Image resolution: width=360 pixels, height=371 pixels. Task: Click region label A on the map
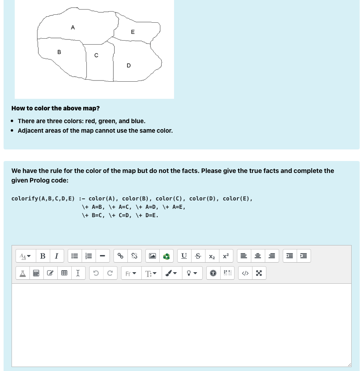tap(72, 27)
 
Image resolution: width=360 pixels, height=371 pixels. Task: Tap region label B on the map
tap(59, 52)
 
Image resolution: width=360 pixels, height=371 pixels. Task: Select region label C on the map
tap(96, 56)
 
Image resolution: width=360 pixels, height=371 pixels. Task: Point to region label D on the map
tap(128, 65)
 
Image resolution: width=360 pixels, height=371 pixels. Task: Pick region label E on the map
tap(133, 32)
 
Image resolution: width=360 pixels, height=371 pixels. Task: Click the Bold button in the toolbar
tap(43, 256)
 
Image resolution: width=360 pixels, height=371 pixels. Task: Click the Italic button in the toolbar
tap(57, 256)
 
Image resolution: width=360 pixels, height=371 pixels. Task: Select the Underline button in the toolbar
tap(184, 256)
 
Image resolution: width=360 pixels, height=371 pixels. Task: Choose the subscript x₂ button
tap(212, 256)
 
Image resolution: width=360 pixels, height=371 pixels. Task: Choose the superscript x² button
tap(226, 256)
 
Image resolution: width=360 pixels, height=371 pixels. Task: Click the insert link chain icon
tap(120, 256)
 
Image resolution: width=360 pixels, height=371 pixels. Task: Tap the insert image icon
tap(153, 256)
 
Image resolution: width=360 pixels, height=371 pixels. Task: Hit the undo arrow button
tap(96, 273)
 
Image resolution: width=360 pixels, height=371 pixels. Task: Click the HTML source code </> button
tap(245, 273)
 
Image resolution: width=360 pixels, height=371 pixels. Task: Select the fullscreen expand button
tap(259, 273)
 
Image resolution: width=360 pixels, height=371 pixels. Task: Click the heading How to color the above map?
tap(55, 108)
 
